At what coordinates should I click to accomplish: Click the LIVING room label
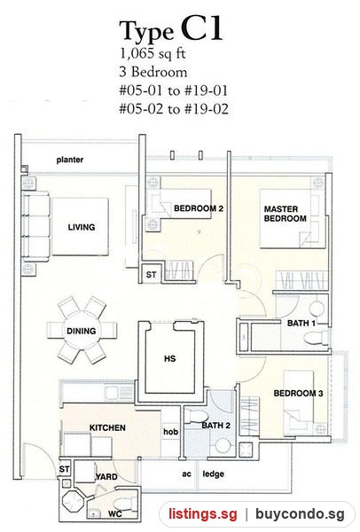pyautogui.click(x=82, y=227)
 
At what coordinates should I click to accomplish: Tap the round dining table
pyautogui.click(x=82, y=331)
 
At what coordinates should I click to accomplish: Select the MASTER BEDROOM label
pyautogui.click(x=285, y=214)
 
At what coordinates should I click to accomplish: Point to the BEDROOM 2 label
pyautogui.click(x=199, y=208)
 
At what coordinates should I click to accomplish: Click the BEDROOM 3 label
pyautogui.click(x=298, y=393)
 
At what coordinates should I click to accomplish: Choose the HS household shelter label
pyautogui.click(x=169, y=358)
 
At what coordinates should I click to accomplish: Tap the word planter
pyautogui.click(x=70, y=160)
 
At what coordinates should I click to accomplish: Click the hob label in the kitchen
pyautogui.click(x=170, y=432)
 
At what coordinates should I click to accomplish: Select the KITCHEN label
pyautogui.click(x=107, y=428)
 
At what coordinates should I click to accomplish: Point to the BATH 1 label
pyautogui.click(x=301, y=324)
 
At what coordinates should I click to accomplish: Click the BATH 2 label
pyautogui.click(x=216, y=426)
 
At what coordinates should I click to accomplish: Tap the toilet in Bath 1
pyautogui.click(x=316, y=338)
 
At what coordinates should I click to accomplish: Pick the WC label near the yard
pyautogui.click(x=115, y=514)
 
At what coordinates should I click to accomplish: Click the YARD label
pyautogui.click(x=106, y=477)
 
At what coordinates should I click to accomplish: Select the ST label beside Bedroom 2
pyautogui.click(x=151, y=275)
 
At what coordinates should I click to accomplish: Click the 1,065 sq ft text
pyautogui.click(x=153, y=54)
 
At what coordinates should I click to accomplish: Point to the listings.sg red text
pyautogui.click(x=203, y=514)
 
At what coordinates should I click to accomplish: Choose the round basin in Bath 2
pyautogui.click(x=223, y=445)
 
